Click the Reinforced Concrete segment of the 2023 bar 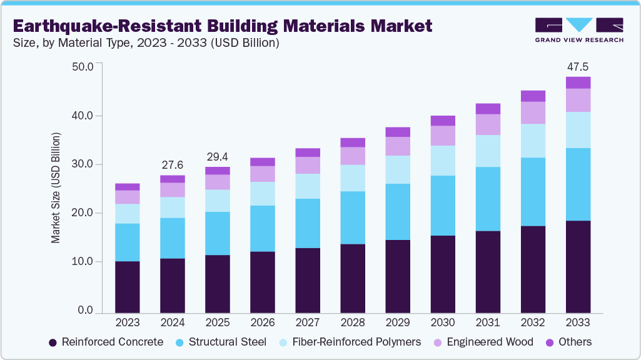128,286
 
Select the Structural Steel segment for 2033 578,184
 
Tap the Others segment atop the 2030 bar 443,121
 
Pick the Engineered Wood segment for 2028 353,156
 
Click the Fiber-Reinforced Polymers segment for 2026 263,194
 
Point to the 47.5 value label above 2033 578,66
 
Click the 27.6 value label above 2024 173,164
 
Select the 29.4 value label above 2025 218,156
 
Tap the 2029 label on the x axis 398,322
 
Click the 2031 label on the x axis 488,322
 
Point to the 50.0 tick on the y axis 83,66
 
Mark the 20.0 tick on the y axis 83,213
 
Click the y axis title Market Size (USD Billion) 56,187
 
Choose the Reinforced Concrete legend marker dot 53,342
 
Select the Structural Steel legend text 227,342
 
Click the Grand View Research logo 578,29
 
